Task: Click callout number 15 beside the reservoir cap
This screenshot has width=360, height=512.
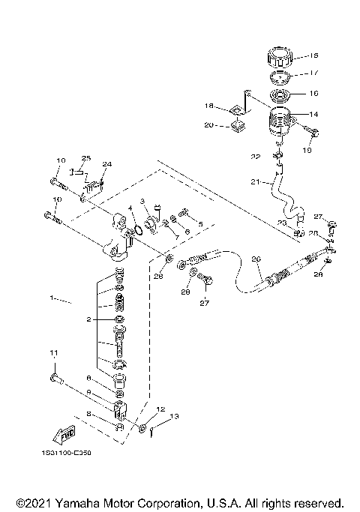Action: click(313, 55)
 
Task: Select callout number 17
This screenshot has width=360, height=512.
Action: click(313, 74)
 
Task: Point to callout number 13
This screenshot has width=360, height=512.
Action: click(174, 416)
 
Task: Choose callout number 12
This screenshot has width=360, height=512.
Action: click(160, 409)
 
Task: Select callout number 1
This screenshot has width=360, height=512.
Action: click(52, 298)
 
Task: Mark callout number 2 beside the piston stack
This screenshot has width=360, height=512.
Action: click(88, 319)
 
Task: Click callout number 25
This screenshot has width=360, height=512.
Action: click(86, 158)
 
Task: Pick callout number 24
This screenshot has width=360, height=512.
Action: click(107, 163)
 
